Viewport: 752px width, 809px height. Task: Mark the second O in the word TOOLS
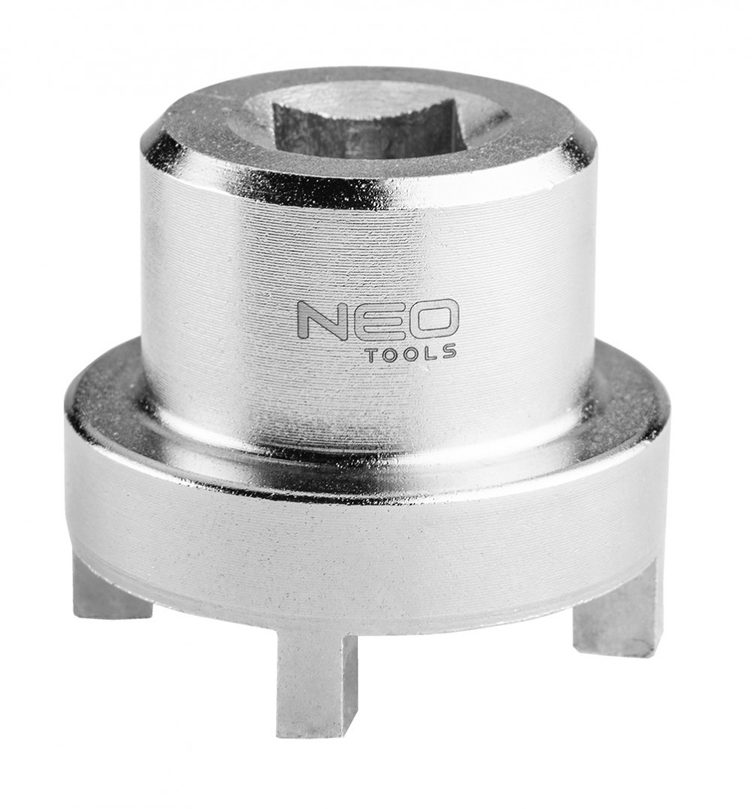point(410,352)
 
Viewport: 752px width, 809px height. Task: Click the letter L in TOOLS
point(429,352)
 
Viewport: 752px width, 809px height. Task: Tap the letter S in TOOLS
point(447,352)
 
